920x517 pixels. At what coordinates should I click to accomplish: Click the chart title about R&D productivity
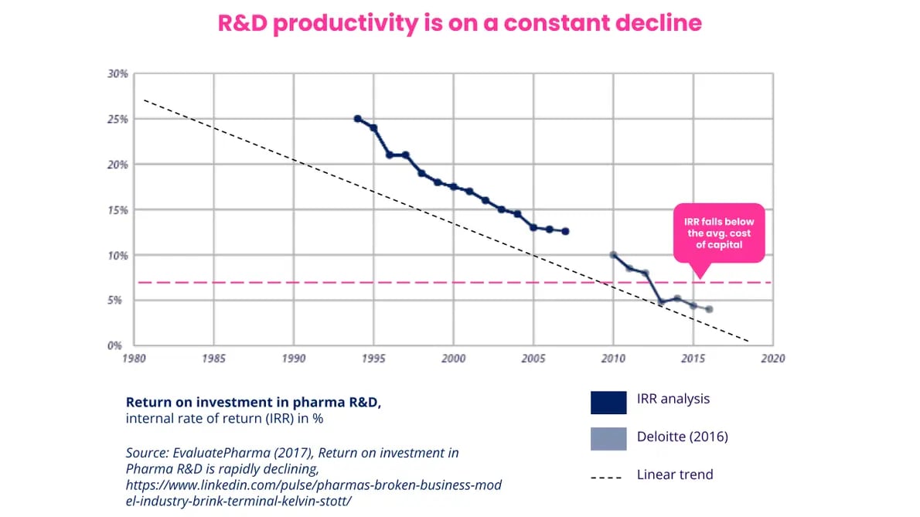(x=459, y=22)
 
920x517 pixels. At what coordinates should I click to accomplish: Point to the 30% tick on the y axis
(x=118, y=74)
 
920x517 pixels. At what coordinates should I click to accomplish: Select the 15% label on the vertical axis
(x=118, y=210)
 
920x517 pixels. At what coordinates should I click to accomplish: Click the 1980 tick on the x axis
(x=135, y=359)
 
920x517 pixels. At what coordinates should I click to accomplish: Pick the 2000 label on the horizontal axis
(x=453, y=359)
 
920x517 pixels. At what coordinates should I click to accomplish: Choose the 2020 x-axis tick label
(x=772, y=359)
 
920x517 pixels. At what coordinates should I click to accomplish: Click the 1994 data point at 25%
(x=357, y=119)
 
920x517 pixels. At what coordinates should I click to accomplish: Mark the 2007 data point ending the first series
(x=565, y=231)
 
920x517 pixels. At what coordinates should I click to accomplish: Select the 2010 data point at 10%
(x=613, y=255)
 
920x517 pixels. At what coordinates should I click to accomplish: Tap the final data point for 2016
(x=709, y=309)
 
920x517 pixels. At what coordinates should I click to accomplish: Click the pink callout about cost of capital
(x=717, y=233)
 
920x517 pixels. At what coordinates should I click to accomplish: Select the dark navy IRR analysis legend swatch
(x=608, y=403)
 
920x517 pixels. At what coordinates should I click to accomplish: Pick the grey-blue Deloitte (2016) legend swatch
(x=608, y=438)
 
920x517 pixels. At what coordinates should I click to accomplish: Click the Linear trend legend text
(x=675, y=474)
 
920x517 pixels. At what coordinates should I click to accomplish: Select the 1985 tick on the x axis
(x=213, y=359)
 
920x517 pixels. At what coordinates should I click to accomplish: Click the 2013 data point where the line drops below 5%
(x=661, y=302)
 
